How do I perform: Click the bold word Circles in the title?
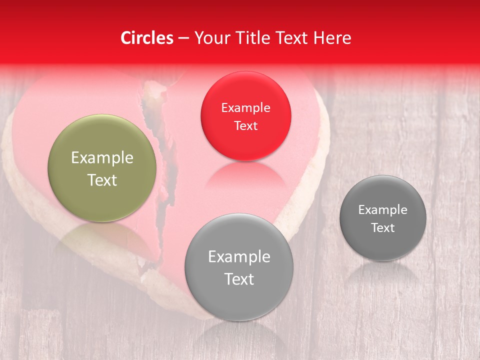pyautogui.click(x=147, y=38)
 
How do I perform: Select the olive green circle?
pyautogui.click(x=102, y=168)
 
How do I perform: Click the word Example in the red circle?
pyautogui.click(x=245, y=107)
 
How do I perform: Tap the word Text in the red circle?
pyautogui.click(x=245, y=125)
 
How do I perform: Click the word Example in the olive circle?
pyautogui.click(x=102, y=158)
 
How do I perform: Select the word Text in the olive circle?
pyautogui.click(x=102, y=180)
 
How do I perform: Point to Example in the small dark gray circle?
pyautogui.click(x=383, y=210)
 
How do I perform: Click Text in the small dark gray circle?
pyautogui.click(x=383, y=228)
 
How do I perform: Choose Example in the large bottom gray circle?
pyautogui.click(x=239, y=257)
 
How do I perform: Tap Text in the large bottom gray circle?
pyautogui.click(x=239, y=279)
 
